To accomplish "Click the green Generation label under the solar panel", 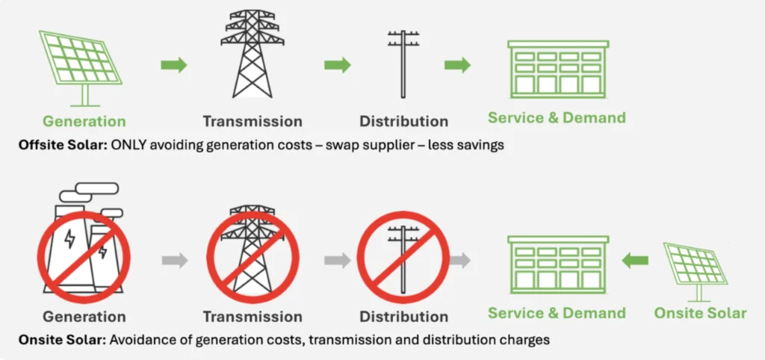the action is [x=84, y=121].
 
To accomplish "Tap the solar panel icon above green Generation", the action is [x=81, y=68].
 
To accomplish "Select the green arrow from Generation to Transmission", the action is [x=174, y=65].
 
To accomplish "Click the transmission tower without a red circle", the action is [x=253, y=54].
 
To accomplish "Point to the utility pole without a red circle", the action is [x=403, y=64].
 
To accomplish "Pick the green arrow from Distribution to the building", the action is [x=457, y=65].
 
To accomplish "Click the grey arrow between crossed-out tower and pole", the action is [x=338, y=261].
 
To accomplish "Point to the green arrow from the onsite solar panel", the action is [x=635, y=261].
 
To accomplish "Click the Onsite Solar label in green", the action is [x=700, y=313].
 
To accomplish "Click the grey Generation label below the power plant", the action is [x=84, y=317].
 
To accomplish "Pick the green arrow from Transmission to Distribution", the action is [x=338, y=65].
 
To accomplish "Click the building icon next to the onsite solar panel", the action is [x=558, y=265].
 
